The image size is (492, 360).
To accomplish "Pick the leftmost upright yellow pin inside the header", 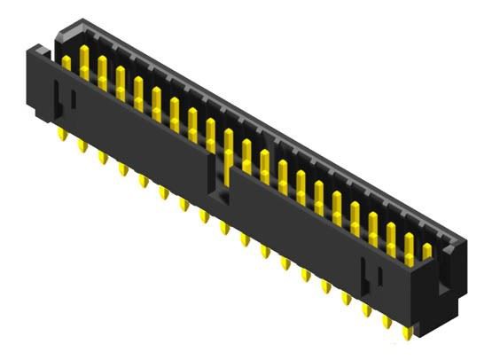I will point(66,63).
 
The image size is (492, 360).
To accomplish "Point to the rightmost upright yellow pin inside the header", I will point(426,252).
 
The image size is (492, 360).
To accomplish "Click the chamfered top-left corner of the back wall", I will point(61,35).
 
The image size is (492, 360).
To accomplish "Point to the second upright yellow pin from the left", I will point(84,71).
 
